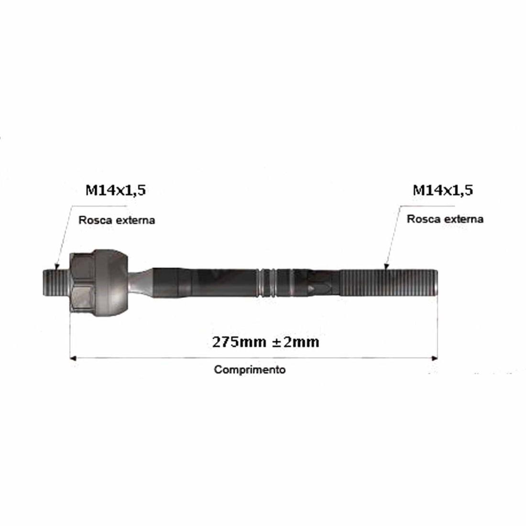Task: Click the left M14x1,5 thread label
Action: pyautogui.click(x=116, y=190)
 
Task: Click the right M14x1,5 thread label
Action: pyautogui.click(x=443, y=190)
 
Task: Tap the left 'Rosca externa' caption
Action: pyautogui.click(x=117, y=220)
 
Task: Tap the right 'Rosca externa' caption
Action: pyautogui.click(x=445, y=219)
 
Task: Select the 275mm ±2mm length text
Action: pyautogui.click(x=266, y=342)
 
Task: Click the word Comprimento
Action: pyautogui.click(x=250, y=370)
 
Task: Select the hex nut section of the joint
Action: pyautogui.click(x=82, y=283)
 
